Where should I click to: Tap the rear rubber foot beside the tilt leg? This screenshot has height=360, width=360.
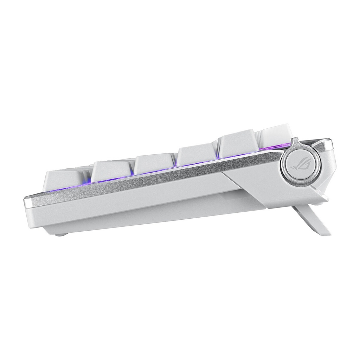[318, 203]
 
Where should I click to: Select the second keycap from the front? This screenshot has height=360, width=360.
[111, 171]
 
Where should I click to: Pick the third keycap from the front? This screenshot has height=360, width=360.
[154, 163]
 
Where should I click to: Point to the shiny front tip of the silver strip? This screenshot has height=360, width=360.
[28, 203]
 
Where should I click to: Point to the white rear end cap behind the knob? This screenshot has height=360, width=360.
[329, 165]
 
